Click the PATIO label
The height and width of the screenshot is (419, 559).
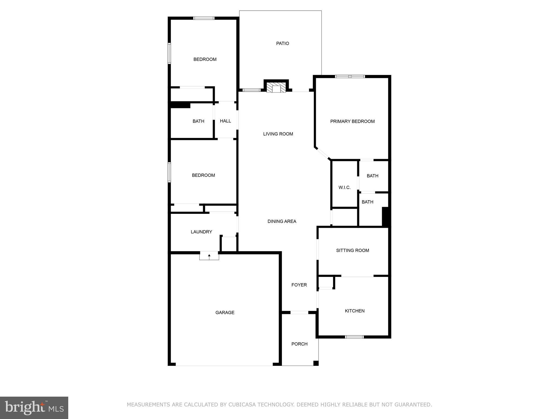tap(283, 43)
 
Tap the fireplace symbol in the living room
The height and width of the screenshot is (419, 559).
tap(276, 88)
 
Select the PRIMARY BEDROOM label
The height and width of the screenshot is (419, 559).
tap(352, 121)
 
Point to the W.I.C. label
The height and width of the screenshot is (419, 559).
tap(344, 188)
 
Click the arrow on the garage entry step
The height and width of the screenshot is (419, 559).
tap(209, 256)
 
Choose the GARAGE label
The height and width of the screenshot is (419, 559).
tap(225, 313)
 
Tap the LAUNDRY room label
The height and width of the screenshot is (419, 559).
tap(201, 232)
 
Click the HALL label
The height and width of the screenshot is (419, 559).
tap(225, 121)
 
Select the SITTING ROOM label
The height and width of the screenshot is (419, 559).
tap(352, 250)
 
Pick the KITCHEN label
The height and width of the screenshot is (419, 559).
tap(355, 311)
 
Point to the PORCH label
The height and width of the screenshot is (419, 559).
tap(299, 344)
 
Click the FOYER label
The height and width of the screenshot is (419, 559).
tap(299, 285)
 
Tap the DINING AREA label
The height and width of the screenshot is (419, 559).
tap(282, 222)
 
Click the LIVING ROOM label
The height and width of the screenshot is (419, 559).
tap(278, 134)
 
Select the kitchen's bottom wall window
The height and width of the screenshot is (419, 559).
tap(354, 337)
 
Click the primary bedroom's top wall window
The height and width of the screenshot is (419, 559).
tap(350, 77)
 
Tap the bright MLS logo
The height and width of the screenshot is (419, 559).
tap(34, 408)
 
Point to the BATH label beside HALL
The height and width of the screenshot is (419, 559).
tap(198, 121)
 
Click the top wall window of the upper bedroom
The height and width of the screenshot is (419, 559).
tap(204, 18)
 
